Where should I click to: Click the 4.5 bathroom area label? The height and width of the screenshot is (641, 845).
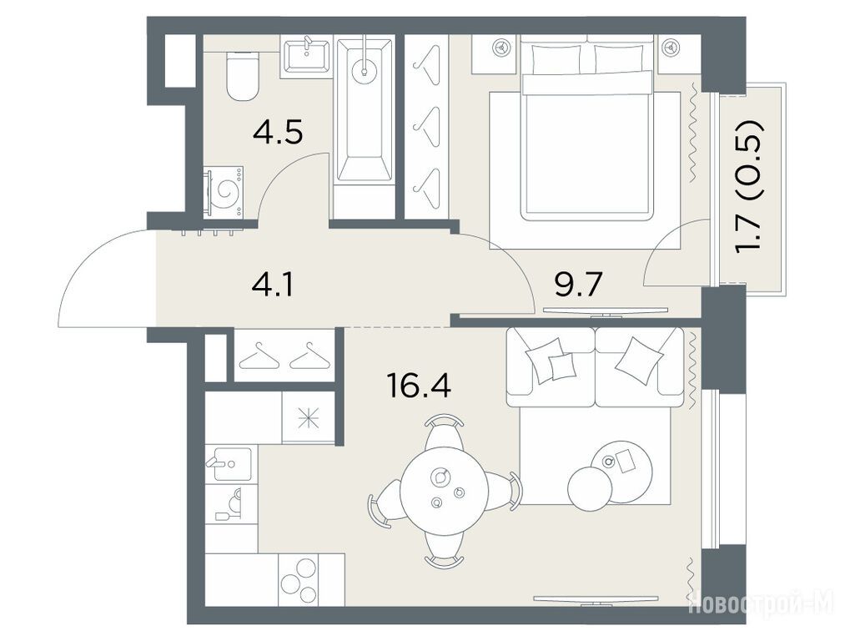[278, 133]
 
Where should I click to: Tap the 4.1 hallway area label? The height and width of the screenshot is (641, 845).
[273, 285]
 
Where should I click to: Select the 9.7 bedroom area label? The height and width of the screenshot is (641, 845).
[578, 285]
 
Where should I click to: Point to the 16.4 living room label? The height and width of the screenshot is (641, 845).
[419, 385]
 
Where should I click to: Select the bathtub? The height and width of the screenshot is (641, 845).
[365, 109]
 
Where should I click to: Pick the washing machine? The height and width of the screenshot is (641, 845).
[223, 193]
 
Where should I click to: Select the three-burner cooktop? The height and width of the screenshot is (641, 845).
[298, 581]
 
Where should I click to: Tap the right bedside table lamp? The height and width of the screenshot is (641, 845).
[671, 48]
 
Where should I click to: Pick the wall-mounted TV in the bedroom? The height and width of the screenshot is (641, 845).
[606, 311]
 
